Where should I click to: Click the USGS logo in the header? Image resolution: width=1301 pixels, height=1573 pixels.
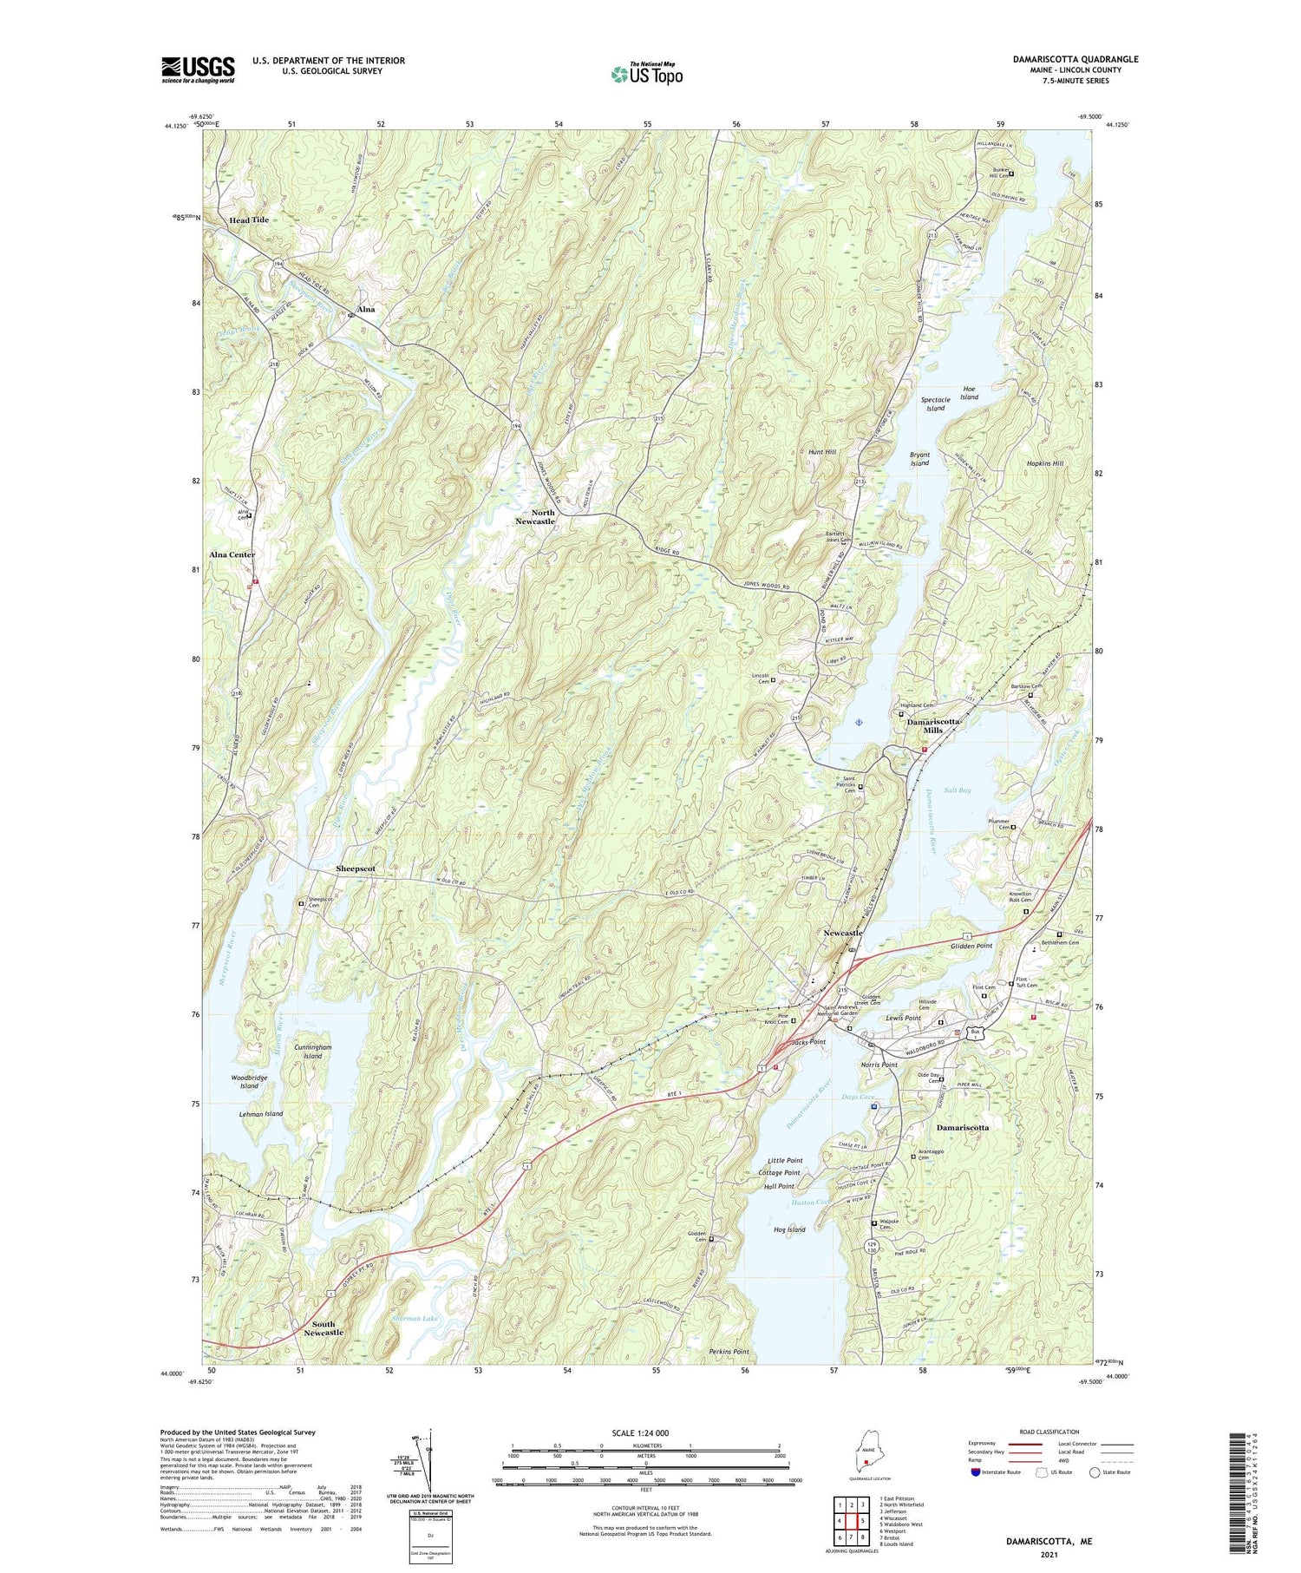198,69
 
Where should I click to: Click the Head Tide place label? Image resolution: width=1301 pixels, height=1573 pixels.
249,220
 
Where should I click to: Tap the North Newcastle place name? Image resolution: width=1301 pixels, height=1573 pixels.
535,517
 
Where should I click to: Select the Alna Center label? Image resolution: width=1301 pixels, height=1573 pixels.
232,554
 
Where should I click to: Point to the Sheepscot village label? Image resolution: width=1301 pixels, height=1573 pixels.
356,868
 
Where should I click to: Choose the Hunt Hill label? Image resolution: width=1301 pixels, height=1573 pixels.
821,452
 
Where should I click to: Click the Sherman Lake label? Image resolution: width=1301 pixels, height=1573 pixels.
416,1318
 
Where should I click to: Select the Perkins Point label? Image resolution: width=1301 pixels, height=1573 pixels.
729,1352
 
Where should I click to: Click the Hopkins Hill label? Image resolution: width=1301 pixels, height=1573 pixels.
1045,464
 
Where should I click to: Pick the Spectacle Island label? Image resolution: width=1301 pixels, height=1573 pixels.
935,403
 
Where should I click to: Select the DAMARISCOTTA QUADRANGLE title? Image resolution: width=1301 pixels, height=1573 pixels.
1075,59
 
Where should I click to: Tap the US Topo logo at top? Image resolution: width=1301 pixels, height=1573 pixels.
646,74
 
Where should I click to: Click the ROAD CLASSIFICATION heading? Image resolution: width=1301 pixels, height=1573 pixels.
1049,1432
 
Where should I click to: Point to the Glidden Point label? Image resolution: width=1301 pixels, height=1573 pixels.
971,946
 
